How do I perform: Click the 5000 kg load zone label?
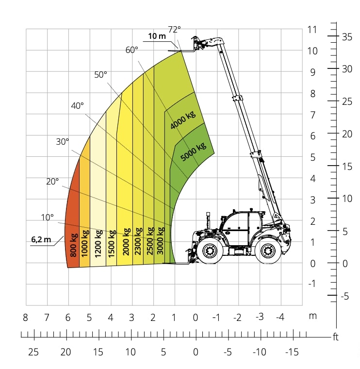193,151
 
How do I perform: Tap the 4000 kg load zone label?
183,120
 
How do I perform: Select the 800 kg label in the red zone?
74,245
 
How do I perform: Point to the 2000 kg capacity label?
127,242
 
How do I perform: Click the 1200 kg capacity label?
98,243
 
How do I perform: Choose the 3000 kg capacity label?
160,240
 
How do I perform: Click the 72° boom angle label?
174,30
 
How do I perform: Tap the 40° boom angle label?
77,106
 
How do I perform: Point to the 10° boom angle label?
47,218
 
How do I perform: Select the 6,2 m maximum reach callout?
41,239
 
